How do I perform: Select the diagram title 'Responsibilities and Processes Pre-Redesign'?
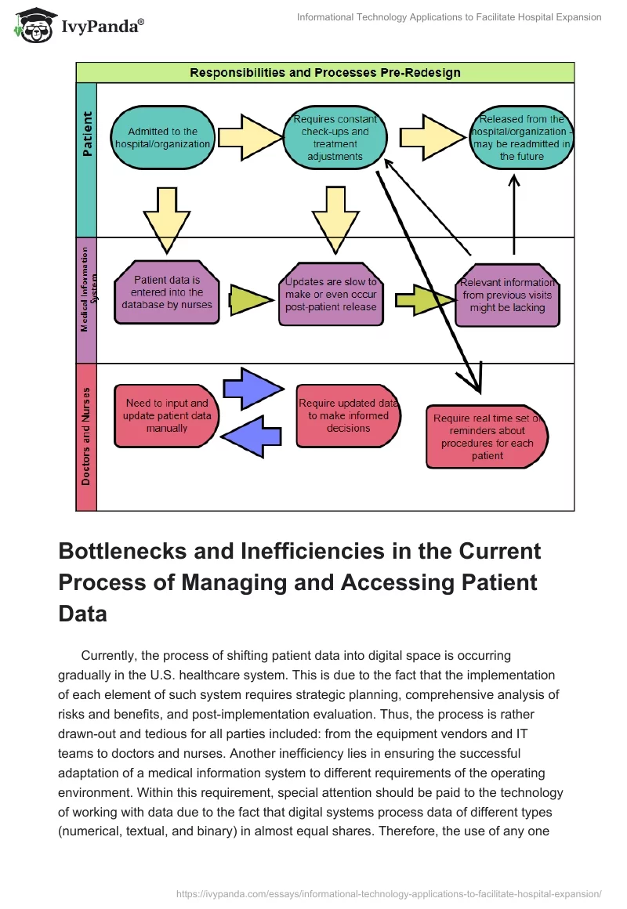[x=324, y=73]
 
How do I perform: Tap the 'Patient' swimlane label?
[x=86, y=133]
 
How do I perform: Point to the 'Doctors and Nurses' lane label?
[x=86, y=436]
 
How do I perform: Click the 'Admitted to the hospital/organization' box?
[x=162, y=138]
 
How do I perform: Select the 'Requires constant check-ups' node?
[x=335, y=138]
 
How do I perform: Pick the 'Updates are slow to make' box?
[x=331, y=294]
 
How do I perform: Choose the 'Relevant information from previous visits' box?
[x=506, y=295]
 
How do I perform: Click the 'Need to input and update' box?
[x=166, y=416]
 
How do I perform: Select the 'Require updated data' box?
[x=348, y=416]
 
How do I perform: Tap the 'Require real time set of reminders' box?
[x=487, y=436]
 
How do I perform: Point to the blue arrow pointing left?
[x=252, y=436]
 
